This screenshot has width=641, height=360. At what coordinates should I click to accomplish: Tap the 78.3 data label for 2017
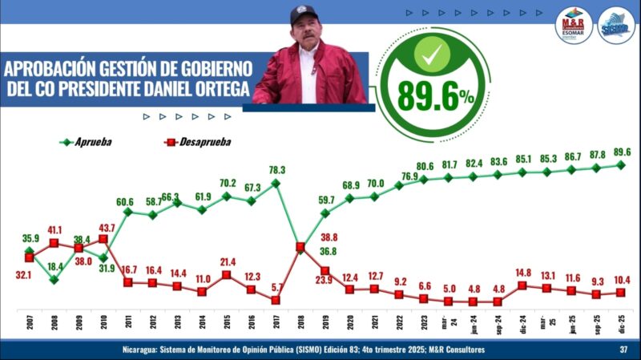coord(276,169)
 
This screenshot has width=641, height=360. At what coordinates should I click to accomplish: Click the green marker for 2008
coord(54,280)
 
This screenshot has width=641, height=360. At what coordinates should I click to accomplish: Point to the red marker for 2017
coord(276,300)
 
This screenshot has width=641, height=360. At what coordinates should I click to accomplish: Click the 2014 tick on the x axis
coord(202,327)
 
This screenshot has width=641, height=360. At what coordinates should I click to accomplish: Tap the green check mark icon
coord(435,56)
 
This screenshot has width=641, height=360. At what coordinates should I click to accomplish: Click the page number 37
coord(623,350)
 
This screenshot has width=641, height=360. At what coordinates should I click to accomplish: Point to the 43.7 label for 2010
coord(106,228)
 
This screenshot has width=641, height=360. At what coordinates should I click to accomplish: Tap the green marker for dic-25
coord(622,164)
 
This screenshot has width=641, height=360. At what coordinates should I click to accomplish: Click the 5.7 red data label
coord(276,287)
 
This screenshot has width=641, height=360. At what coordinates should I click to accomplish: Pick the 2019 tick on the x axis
coord(325,327)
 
